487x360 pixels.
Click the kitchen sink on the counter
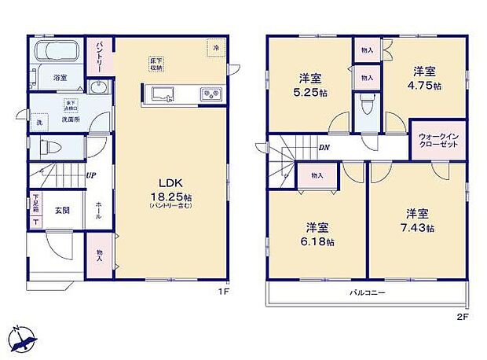pyautogui.click(x=163, y=95)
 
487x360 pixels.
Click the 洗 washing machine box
pyautogui.click(x=39, y=123)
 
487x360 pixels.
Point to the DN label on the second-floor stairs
pyautogui.click(x=324, y=148)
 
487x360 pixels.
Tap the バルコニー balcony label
pyautogui.click(x=368, y=292)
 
